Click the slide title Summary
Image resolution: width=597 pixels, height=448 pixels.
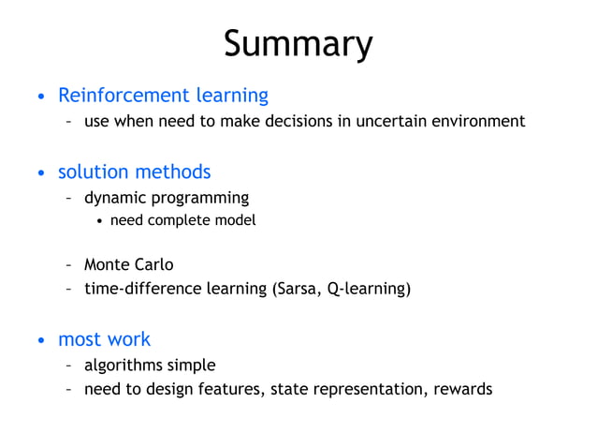tap(298, 44)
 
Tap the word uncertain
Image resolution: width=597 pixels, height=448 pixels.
tap(389, 121)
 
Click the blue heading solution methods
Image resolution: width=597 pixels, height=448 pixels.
tap(134, 172)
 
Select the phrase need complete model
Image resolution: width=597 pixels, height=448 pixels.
tap(182, 220)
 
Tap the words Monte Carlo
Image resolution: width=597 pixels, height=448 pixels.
tap(128, 264)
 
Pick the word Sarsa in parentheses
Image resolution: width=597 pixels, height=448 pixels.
tap(298, 289)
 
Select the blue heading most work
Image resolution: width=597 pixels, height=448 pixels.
tap(104, 339)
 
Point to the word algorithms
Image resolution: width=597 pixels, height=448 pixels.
tap(123, 365)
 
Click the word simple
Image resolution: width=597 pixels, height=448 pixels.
tap(191, 365)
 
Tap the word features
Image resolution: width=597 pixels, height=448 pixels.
tap(231, 389)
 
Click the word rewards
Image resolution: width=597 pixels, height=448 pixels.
tap(462, 389)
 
